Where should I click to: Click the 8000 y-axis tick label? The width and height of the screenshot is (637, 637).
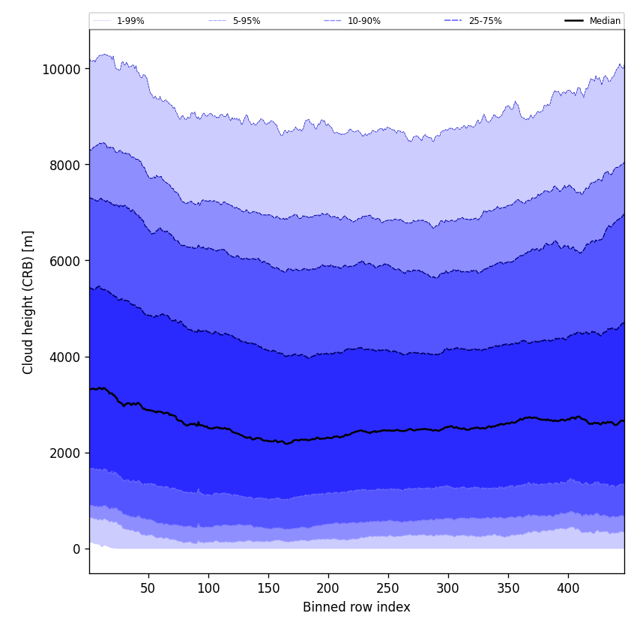point(62,165)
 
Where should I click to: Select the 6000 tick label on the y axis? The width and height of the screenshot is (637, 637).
point(62,261)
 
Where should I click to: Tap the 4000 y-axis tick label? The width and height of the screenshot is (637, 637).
point(62,357)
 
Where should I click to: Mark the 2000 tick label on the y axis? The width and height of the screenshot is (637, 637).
point(62,453)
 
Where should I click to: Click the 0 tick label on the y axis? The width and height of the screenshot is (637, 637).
point(76,549)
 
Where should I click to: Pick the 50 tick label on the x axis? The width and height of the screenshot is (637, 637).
point(148,588)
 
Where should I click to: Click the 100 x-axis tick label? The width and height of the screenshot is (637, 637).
point(208,588)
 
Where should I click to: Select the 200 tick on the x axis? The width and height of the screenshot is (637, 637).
point(328,588)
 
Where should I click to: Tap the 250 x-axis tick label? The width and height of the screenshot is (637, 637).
point(388,588)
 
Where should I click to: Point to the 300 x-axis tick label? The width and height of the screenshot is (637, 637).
point(448,588)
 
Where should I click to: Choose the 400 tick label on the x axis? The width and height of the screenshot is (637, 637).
point(568,588)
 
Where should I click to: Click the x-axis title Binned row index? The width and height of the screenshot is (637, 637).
point(357,607)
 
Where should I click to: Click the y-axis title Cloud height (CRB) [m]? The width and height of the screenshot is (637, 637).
point(28,302)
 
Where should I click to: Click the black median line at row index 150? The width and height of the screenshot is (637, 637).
point(268,441)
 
